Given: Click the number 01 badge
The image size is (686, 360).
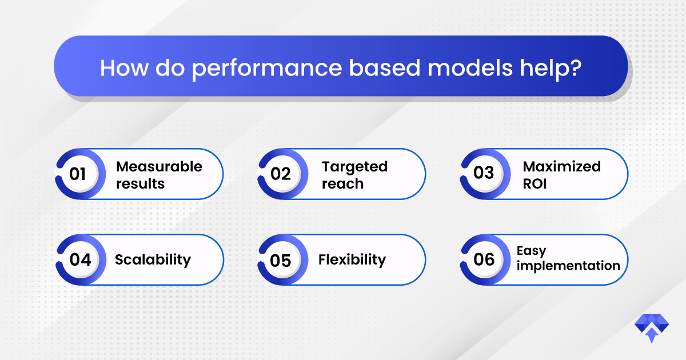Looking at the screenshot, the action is (x=80, y=174).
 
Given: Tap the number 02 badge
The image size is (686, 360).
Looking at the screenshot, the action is (x=282, y=174).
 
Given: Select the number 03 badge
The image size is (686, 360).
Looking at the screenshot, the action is (x=485, y=174).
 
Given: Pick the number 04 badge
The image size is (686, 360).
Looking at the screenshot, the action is (x=81, y=259).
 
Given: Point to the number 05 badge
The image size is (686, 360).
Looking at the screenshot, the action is (x=282, y=259).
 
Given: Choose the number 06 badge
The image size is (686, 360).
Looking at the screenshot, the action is (x=485, y=259).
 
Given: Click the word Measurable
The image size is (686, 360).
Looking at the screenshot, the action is (x=159, y=167).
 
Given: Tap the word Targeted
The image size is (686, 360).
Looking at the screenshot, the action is (x=354, y=167).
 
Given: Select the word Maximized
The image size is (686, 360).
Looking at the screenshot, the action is (x=561, y=167).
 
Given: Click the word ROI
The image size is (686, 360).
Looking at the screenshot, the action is (x=535, y=183).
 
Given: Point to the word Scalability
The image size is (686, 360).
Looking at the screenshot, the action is (x=153, y=260).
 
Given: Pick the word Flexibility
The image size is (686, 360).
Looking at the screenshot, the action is (x=352, y=260).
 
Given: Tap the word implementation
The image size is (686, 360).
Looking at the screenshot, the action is (x=568, y=266).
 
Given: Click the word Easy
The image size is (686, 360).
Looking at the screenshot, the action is (x=531, y=251).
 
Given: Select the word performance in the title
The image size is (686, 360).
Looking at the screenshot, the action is (x=267, y=69).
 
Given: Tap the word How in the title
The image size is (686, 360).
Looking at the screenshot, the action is (x=125, y=68).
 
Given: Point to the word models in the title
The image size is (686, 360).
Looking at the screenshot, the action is (x=470, y=67).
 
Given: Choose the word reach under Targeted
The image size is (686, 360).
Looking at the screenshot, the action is (x=342, y=184).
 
